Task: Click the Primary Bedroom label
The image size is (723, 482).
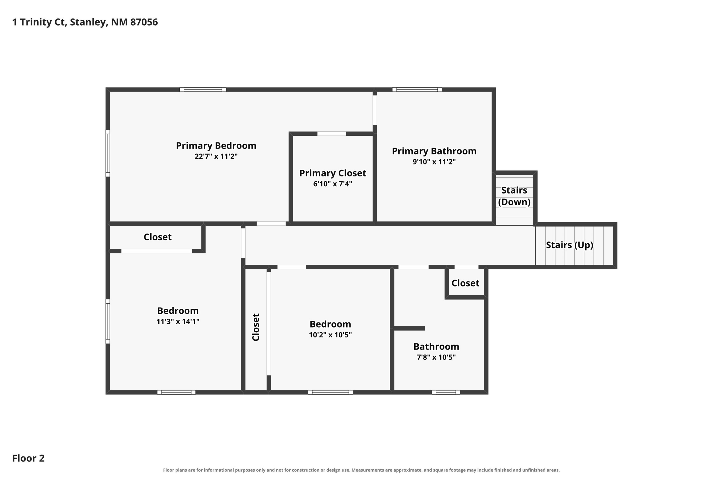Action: (216, 146)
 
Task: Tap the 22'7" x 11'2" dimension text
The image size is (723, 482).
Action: (216, 156)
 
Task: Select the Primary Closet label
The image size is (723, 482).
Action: (333, 173)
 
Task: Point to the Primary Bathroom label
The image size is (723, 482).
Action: (434, 151)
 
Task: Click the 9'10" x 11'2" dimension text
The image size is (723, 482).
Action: (434, 162)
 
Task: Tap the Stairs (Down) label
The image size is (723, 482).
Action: (514, 196)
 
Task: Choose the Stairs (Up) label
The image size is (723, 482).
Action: (569, 245)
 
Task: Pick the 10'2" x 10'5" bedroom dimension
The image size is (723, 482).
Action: (330, 335)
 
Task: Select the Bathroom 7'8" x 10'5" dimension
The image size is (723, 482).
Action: (436, 357)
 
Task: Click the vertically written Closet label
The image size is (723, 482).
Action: (256, 327)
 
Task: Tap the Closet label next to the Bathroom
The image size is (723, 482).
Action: (465, 283)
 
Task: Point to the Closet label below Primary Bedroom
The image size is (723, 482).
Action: (157, 237)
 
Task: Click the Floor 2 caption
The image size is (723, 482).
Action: (28, 458)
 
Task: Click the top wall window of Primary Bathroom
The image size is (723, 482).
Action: (417, 90)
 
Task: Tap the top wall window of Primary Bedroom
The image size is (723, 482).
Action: (203, 90)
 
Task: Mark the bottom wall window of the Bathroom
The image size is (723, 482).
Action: (446, 392)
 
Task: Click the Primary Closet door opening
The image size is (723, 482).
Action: (332, 134)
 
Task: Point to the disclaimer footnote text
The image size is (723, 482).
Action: (361, 470)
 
